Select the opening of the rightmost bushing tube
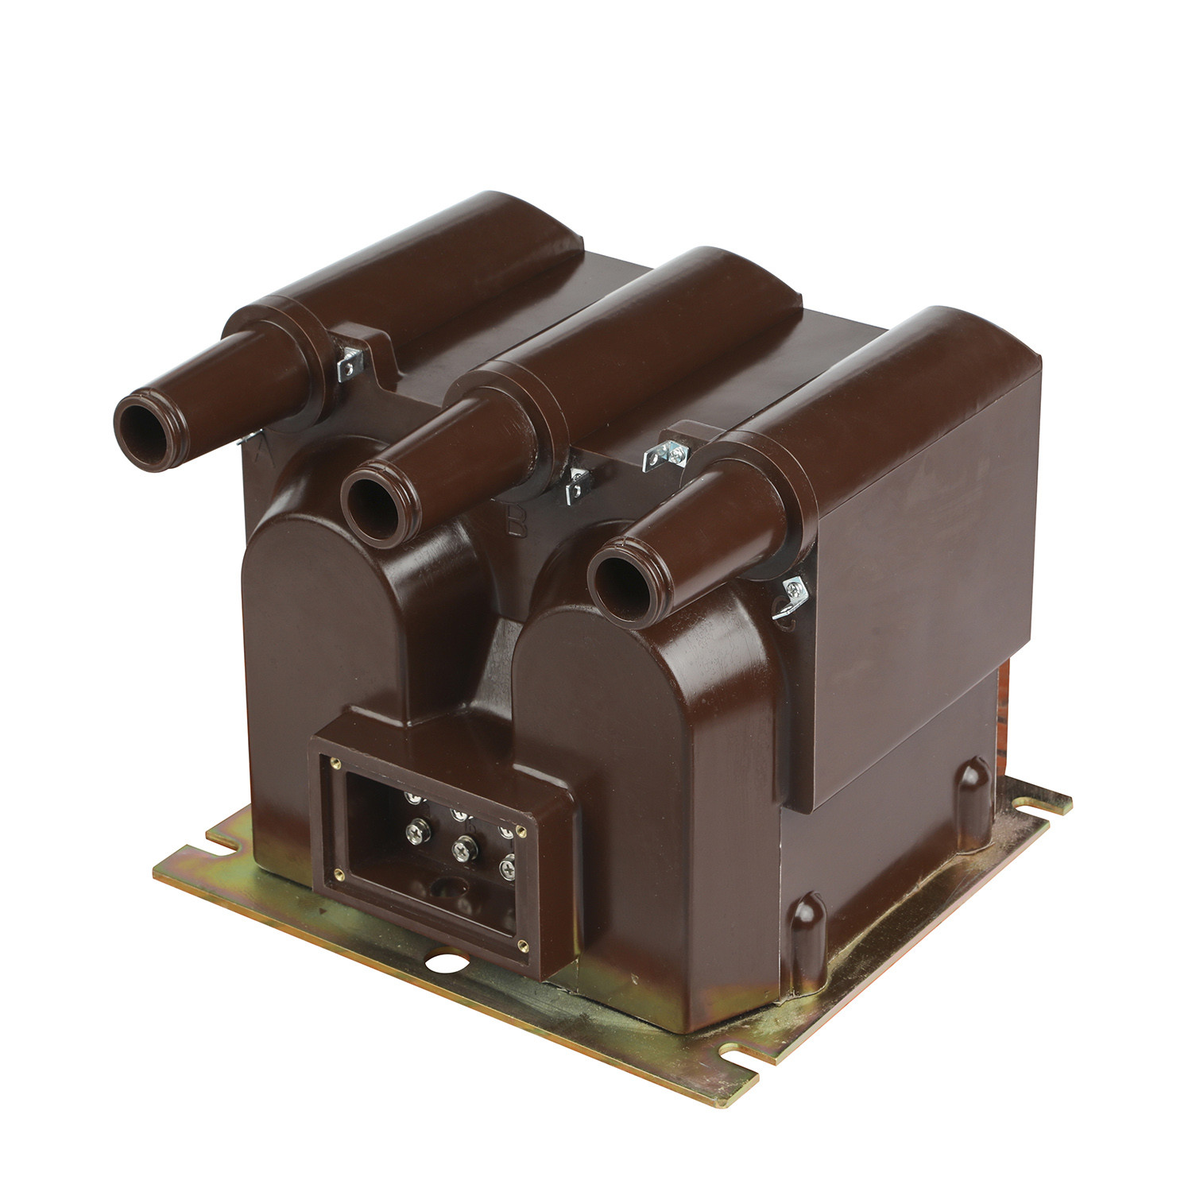pyautogui.click(x=620, y=579)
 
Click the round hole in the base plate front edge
pyautogui.click(x=437, y=964)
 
